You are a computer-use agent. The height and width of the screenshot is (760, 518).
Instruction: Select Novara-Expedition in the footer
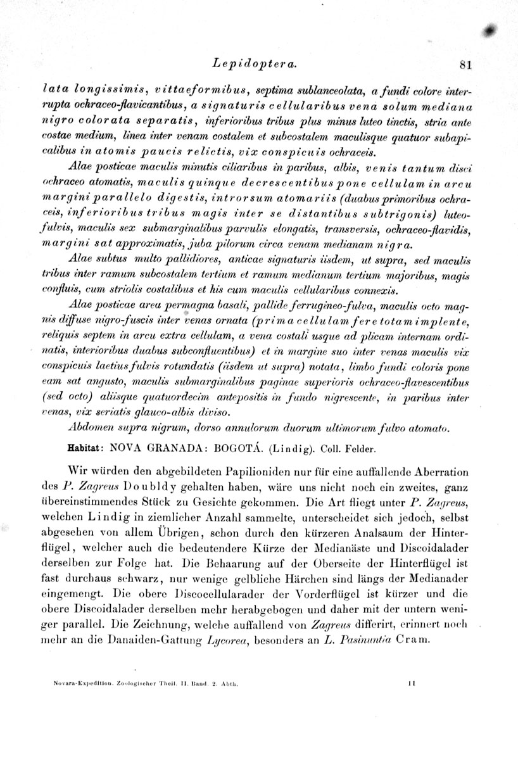(82, 684)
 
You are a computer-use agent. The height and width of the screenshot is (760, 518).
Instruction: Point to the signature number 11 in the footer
(412, 684)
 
